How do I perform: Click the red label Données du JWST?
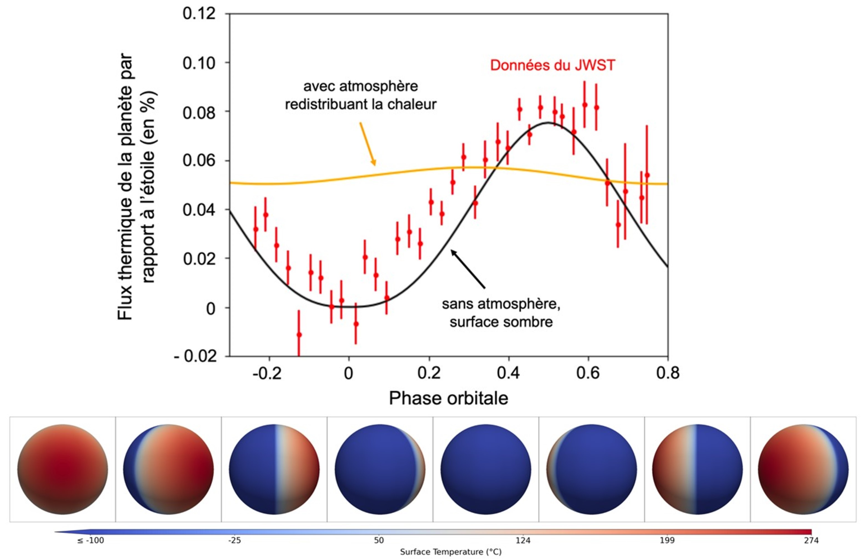coord(552,65)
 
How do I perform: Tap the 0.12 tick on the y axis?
coord(199,14)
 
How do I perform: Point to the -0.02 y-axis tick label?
coord(195,356)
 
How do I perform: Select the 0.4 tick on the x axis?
coord(508,373)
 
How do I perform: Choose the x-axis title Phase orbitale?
coord(448,398)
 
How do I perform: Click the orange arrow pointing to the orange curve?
coord(367,144)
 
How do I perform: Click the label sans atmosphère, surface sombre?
coord(501,313)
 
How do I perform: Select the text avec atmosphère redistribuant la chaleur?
coord(360,95)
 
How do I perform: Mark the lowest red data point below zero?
coord(299,335)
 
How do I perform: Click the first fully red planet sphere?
coord(63,469)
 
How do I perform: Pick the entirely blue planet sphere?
coord(485,469)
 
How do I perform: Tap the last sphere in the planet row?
coord(803,469)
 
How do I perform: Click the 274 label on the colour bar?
coord(811,540)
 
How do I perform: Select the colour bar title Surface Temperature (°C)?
coord(451,552)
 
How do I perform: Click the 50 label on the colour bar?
coord(378,540)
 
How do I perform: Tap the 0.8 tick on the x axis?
coord(668,373)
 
